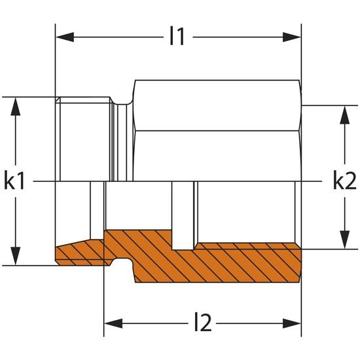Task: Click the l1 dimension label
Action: pyautogui.click(x=177, y=36)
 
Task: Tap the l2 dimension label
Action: pyautogui.click(x=203, y=323)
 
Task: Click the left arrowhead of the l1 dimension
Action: pyautogui.click(x=65, y=37)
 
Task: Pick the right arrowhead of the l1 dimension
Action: pyautogui.click(x=291, y=37)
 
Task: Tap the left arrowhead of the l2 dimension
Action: pyautogui.click(x=113, y=323)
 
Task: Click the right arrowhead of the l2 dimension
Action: pyautogui.click(x=291, y=323)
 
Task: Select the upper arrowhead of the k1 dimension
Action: pyautogui.click(x=16, y=106)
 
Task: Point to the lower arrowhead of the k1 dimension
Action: pyautogui.click(x=16, y=256)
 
